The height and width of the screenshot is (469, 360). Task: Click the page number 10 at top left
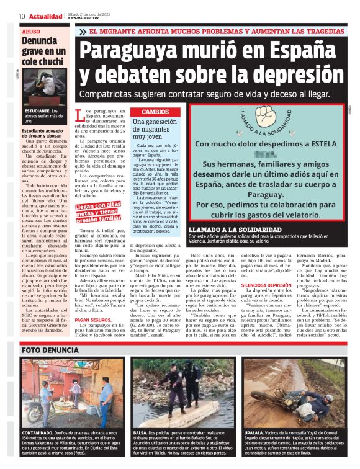[22, 16]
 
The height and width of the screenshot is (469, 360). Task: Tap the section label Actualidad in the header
[45, 16]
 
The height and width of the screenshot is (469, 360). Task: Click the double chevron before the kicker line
[83, 31]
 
